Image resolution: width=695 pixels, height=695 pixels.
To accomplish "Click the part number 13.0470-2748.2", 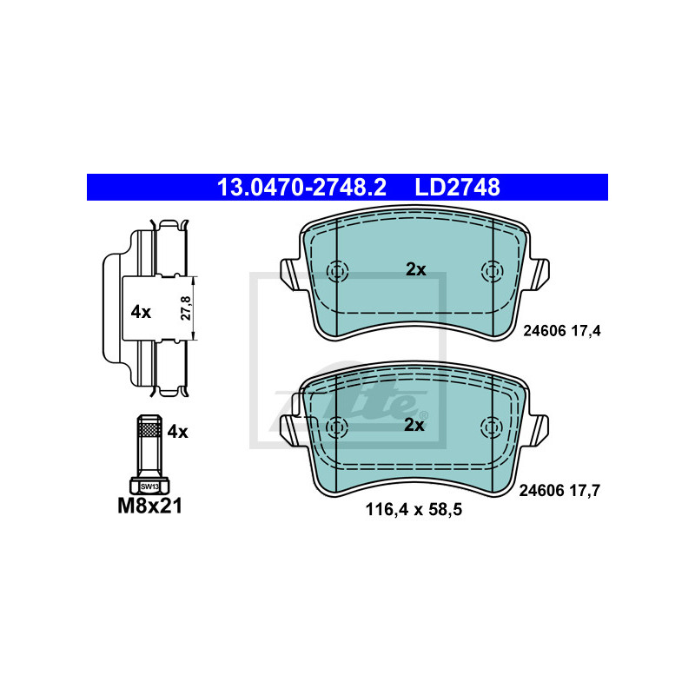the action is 301,187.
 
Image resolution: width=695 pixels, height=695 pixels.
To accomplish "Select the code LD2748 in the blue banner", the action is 457,187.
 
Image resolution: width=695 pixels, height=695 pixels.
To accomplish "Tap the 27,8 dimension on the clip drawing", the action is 186,308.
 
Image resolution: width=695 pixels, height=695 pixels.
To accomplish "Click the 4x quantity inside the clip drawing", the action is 141,312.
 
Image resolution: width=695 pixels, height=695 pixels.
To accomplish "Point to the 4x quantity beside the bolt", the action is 177,431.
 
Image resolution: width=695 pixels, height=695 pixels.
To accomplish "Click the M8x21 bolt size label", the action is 149,506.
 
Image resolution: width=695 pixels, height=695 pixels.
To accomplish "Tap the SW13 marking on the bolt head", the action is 149,486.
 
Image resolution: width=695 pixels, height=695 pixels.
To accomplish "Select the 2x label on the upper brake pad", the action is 416,269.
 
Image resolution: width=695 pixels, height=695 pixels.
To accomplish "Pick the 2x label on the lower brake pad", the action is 414,425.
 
